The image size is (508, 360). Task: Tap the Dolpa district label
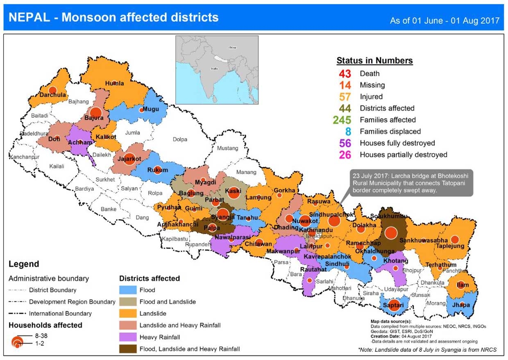tap(180, 139)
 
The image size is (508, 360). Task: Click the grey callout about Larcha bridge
tap(409, 182)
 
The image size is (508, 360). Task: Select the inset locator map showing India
tap(217, 70)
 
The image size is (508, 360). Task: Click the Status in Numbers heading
tap(374, 61)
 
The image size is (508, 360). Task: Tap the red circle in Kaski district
tap(234, 192)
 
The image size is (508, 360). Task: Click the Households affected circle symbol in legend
tap(17, 342)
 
